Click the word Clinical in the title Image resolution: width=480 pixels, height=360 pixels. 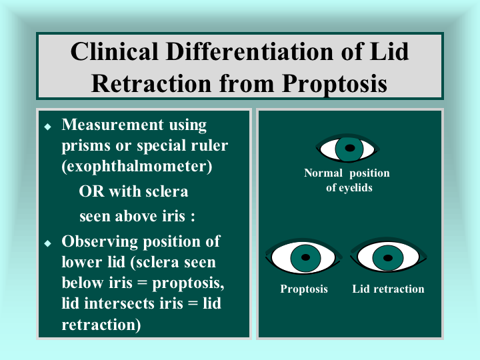[x=115, y=51]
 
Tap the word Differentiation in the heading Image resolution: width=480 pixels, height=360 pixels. [x=250, y=51]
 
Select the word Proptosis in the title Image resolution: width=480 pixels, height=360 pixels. [x=334, y=83]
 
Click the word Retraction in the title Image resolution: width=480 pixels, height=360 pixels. [x=151, y=83]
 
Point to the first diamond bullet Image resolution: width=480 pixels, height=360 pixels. [x=48, y=127]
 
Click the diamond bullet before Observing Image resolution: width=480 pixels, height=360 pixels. [x=48, y=243]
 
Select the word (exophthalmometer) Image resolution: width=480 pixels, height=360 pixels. [x=137, y=167]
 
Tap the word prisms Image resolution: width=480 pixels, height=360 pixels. [x=86, y=146]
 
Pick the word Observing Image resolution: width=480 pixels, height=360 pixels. [x=100, y=242]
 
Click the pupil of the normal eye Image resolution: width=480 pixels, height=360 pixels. [x=349, y=148]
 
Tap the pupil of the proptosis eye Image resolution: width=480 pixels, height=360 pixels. [x=305, y=257]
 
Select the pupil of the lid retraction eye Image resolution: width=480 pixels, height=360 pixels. [x=388, y=258]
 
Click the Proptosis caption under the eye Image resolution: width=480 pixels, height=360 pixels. [x=304, y=289]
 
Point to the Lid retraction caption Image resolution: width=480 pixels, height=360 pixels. [x=388, y=289]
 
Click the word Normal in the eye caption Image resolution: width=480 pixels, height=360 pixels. [x=323, y=173]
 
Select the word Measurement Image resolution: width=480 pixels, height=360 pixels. [x=113, y=125]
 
